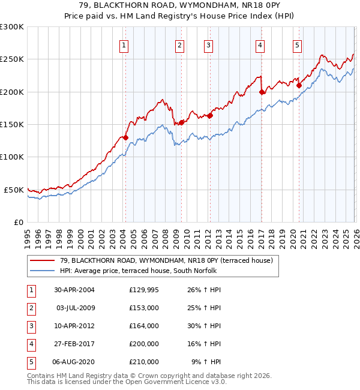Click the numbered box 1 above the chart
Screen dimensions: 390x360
[124, 44]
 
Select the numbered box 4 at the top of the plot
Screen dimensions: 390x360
[260, 44]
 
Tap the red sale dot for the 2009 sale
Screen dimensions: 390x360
[181, 122]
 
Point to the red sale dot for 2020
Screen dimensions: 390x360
[299, 85]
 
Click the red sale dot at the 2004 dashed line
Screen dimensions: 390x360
[126, 137]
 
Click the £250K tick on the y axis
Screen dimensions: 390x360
[13, 59]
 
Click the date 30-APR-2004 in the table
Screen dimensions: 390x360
[74, 290]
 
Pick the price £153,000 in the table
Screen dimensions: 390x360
[144, 308]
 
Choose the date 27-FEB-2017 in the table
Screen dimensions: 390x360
[74, 344]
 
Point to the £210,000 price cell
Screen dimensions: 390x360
[144, 362]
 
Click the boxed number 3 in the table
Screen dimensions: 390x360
[31, 326]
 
